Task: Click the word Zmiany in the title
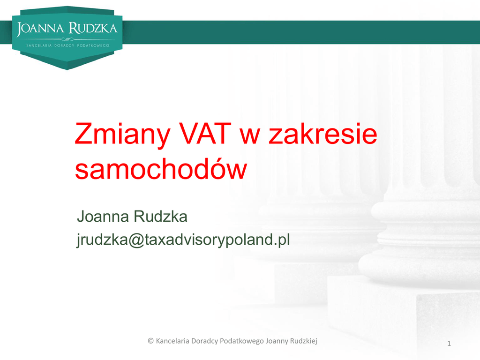[x=122, y=135]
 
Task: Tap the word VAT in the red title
[x=205, y=134]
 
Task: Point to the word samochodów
[x=161, y=169]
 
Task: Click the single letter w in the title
[x=250, y=136]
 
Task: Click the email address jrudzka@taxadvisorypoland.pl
[x=183, y=240]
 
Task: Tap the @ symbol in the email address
[x=136, y=240]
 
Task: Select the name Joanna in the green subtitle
[x=103, y=217]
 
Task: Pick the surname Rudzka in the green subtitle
[x=160, y=217]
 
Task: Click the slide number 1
[x=449, y=344]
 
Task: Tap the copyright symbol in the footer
[x=150, y=341]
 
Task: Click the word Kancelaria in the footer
[x=172, y=341]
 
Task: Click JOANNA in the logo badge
[x=40, y=29]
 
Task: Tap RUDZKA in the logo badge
[x=93, y=28]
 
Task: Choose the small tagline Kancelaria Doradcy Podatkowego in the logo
[x=67, y=45]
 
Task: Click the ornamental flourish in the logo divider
[x=67, y=39]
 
